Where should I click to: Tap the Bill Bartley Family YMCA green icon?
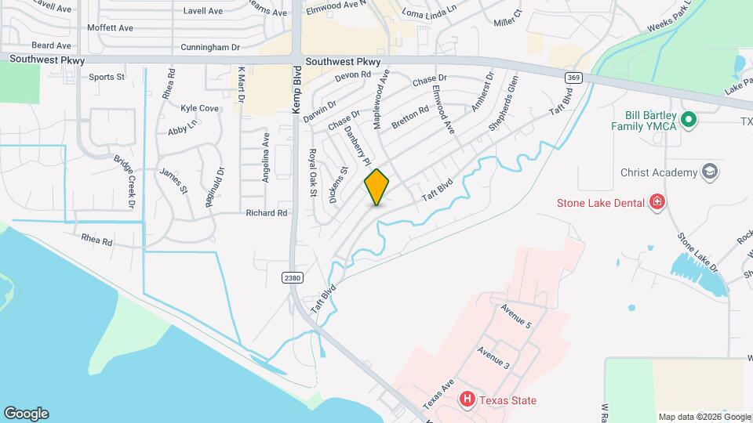click(689, 120)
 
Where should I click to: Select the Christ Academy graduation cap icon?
click(710, 172)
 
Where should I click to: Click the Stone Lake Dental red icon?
click(657, 203)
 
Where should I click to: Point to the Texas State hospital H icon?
click(467, 400)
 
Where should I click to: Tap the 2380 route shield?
click(293, 277)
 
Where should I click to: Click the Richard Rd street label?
click(267, 212)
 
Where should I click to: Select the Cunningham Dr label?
click(209, 47)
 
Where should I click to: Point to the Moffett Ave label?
click(110, 27)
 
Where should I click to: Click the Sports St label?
click(107, 77)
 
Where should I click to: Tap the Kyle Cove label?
click(199, 108)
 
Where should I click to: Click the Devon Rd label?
click(352, 75)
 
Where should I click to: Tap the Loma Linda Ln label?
click(428, 13)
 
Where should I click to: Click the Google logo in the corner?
click(26, 414)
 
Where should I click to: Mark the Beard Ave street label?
click(52, 45)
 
